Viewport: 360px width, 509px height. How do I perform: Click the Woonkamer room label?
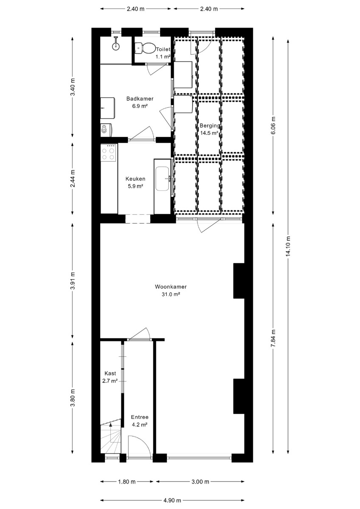point(171,287)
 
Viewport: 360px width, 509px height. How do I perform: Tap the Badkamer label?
point(140,99)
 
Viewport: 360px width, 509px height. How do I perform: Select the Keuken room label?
point(135,179)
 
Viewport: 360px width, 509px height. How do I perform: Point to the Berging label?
point(210,126)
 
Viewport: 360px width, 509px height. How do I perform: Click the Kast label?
point(110,373)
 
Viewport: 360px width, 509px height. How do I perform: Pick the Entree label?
point(140,417)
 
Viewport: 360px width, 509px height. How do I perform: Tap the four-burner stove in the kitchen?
point(109,153)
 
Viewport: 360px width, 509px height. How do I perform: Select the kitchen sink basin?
point(162,179)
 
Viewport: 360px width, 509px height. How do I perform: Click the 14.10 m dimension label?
point(288,246)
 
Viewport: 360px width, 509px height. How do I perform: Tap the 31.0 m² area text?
point(171,294)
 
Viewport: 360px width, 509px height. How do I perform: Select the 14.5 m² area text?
point(209,133)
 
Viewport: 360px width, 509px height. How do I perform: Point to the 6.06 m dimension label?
point(273,125)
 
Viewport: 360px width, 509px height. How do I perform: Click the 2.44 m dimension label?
point(73,179)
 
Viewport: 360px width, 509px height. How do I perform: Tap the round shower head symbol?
point(116,47)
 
